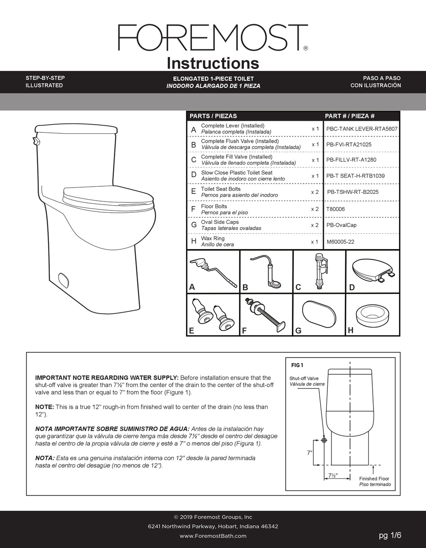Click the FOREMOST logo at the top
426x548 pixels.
pos(213,38)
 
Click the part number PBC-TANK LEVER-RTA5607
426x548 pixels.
pos(361,129)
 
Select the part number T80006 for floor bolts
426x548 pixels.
pos(335,209)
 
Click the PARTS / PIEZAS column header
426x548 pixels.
pos(213,116)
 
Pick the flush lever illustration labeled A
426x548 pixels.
pos(213,271)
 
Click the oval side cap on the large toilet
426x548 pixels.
pos(64,280)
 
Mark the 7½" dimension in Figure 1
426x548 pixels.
pos(332,475)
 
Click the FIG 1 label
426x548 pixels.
pos(297,365)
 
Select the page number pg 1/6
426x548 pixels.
pos(390,535)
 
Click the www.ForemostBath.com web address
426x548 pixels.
pos(213,536)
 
